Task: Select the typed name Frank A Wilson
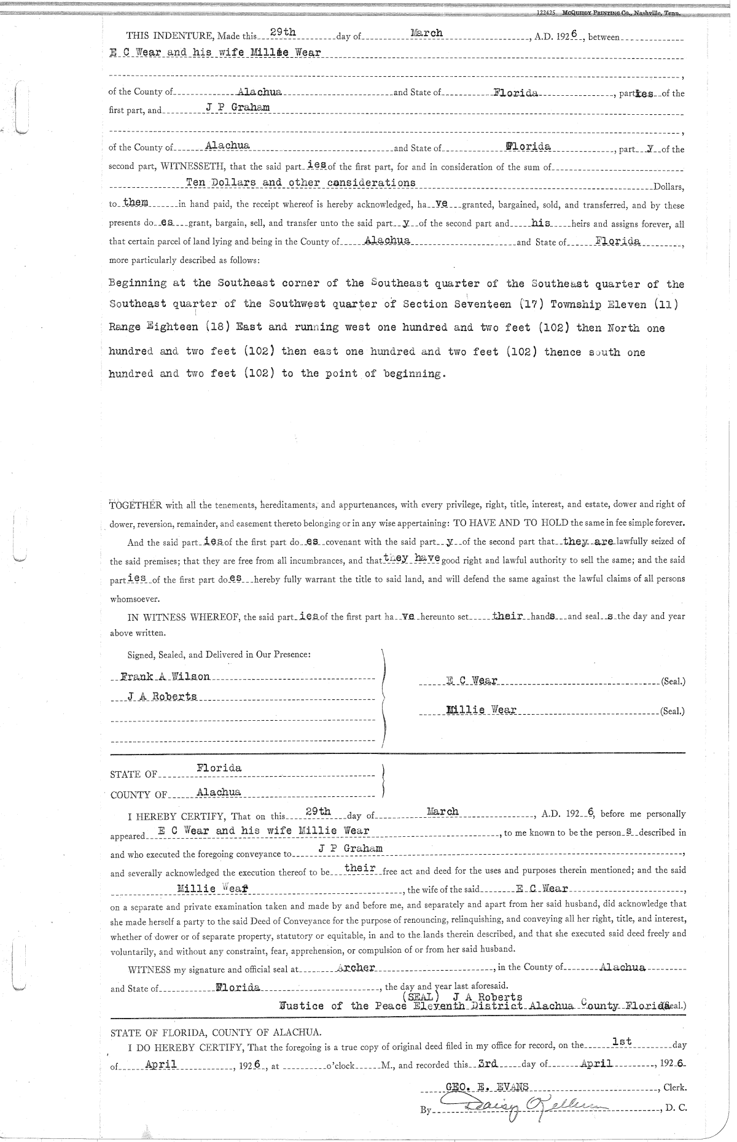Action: [x=165, y=677]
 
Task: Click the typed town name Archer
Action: [x=356, y=968]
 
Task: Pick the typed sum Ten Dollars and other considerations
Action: [x=300, y=183]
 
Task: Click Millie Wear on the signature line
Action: [x=482, y=710]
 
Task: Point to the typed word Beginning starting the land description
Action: [x=138, y=284]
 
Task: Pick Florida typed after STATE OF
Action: [x=219, y=768]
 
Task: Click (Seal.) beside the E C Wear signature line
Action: [x=673, y=682]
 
